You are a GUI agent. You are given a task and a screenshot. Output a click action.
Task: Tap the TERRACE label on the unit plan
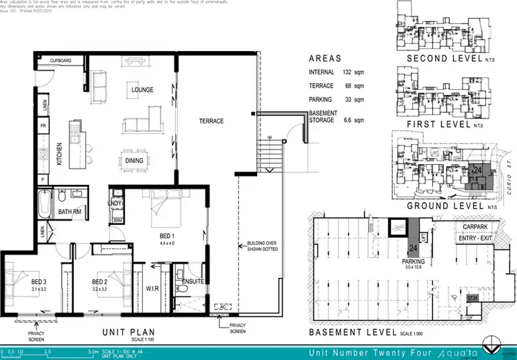pos(211,121)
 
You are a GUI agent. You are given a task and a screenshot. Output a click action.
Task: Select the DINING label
pos(134,161)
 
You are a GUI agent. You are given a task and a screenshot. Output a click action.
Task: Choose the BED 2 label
pos(101,283)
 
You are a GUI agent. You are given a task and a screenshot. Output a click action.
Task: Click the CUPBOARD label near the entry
pos(61,61)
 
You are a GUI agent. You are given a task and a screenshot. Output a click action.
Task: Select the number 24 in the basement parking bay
pos(413,248)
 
